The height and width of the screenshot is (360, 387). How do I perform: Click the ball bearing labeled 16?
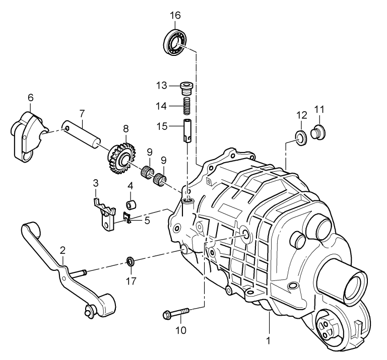175,41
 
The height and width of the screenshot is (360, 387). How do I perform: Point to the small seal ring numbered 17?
130,261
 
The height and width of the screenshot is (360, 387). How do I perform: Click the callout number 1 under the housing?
269,341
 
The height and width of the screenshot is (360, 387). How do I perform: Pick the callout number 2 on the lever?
62,249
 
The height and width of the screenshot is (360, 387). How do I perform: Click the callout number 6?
30,97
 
